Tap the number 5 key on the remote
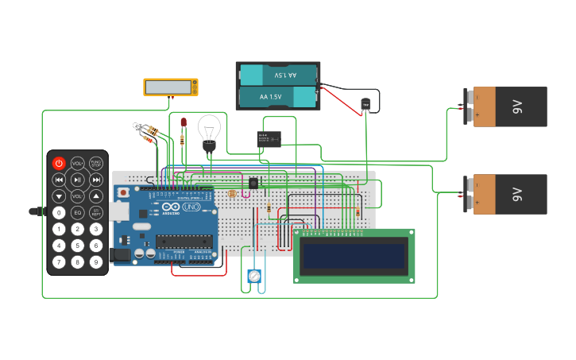[77, 246]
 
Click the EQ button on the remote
[77, 212]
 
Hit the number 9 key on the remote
[95, 262]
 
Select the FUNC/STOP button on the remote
[95, 163]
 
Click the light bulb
[209, 131]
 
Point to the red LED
[184, 123]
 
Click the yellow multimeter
[171, 87]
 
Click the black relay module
[269, 139]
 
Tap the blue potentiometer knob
[254, 277]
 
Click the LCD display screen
[354, 256]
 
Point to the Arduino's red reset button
[124, 192]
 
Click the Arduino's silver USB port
[118, 211]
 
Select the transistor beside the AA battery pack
[365, 104]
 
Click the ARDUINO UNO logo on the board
[181, 207]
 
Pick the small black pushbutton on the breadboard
[253, 184]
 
